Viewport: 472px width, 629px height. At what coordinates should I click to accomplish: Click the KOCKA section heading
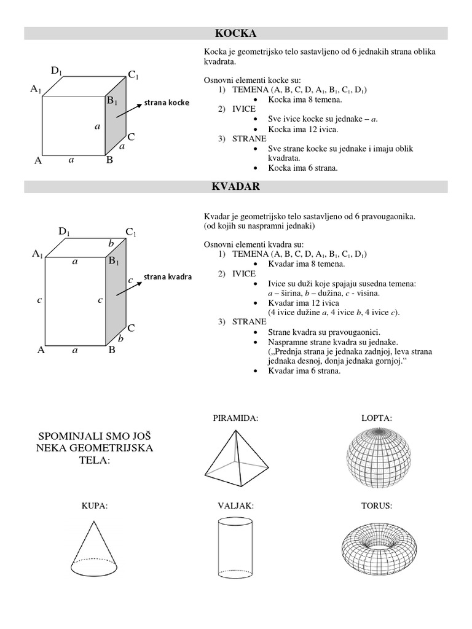[236, 33]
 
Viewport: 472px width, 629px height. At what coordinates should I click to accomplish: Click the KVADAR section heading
[236, 187]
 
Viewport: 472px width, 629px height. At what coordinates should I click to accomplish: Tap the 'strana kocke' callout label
[167, 102]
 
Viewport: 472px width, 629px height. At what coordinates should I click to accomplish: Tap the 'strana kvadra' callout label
[168, 276]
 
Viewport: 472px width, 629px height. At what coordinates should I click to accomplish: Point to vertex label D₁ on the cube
[57, 72]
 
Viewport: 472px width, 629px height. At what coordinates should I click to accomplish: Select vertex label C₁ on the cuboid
[132, 232]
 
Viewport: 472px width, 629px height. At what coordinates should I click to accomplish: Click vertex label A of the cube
[38, 161]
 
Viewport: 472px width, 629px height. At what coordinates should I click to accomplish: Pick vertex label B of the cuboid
[112, 351]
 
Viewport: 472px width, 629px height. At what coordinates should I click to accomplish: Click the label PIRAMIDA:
[235, 418]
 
